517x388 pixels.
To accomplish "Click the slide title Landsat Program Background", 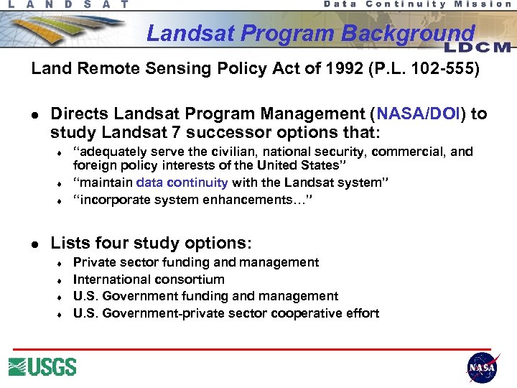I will [x=310, y=34].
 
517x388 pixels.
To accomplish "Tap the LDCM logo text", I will [x=477, y=47].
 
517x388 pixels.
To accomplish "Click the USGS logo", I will [x=42, y=366].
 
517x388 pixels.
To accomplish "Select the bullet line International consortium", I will [x=149, y=280].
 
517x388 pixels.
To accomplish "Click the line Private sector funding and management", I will [x=196, y=262].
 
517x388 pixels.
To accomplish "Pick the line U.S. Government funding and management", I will [x=205, y=296].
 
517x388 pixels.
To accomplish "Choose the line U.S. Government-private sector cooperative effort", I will [x=226, y=313].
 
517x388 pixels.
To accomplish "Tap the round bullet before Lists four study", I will [x=36, y=244].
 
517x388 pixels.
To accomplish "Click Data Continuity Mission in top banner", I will [x=418, y=4].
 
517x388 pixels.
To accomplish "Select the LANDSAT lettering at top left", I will [x=68, y=4].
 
